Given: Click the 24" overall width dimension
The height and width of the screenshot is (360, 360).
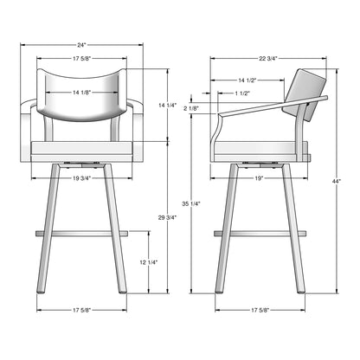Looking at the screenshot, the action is [81, 45].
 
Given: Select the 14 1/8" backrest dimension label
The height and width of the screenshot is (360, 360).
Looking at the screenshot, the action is [81, 93].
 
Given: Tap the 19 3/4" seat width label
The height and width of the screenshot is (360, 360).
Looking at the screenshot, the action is [81, 178].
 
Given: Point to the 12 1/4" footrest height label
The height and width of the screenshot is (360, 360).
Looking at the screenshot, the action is [149, 262].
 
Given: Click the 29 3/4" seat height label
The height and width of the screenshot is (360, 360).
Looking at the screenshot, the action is [167, 217].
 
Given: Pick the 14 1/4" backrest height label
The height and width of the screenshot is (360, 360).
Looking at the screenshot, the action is [167, 106].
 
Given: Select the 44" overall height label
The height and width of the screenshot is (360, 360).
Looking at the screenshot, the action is [337, 181].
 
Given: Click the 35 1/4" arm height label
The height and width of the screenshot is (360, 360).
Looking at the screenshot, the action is [191, 203].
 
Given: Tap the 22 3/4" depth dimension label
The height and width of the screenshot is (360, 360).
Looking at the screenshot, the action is [268, 59].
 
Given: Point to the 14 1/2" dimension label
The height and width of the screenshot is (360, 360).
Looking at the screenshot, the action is [247, 80].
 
